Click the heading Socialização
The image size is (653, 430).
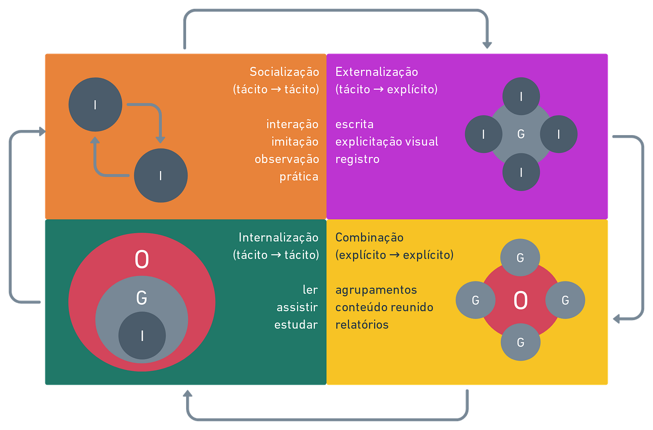click(284, 72)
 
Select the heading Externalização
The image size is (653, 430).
click(376, 72)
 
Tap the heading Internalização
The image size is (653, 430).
click(278, 238)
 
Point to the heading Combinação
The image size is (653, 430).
click(369, 238)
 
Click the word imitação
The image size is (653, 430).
click(295, 142)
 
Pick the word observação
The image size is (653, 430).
click(286, 159)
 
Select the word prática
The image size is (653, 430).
click(299, 177)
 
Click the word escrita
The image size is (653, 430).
click(354, 124)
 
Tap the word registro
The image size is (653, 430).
click(357, 159)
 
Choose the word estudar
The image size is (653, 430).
click(296, 325)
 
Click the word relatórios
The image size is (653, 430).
click(362, 325)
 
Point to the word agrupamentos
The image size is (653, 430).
click(376, 290)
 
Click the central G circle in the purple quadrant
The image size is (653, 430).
click(521, 134)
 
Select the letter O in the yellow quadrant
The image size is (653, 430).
click(521, 300)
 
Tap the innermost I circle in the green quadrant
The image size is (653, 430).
click(142, 336)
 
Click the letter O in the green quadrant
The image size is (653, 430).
click(142, 259)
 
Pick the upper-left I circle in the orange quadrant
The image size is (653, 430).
click(95, 105)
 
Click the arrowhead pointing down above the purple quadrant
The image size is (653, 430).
click(487, 46)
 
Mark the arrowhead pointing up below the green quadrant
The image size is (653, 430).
click(188, 394)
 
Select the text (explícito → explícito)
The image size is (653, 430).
click(394, 255)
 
